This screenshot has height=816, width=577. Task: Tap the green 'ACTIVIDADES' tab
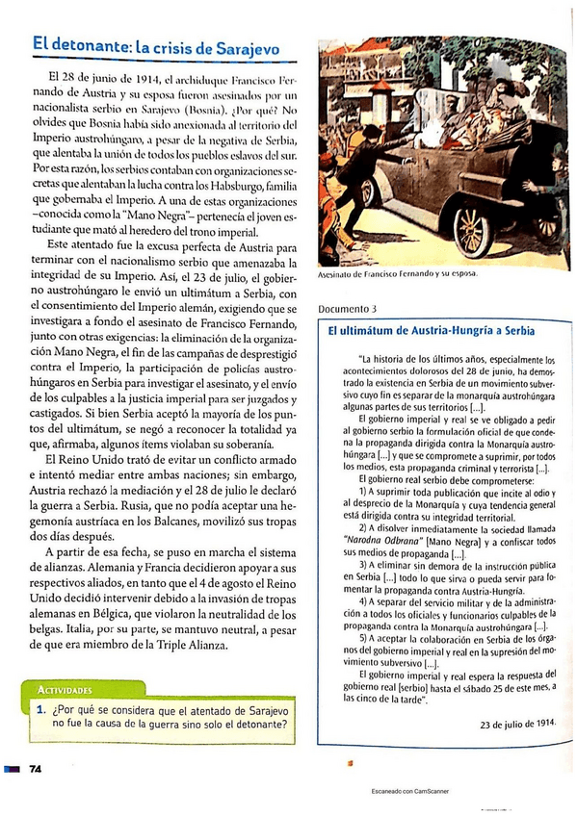(x=63, y=690)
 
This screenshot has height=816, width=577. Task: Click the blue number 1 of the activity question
(x=41, y=710)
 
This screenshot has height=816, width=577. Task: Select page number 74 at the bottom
(x=36, y=769)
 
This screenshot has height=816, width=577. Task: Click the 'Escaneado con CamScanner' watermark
(x=409, y=791)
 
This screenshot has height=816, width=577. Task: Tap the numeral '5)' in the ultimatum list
(x=364, y=637)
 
